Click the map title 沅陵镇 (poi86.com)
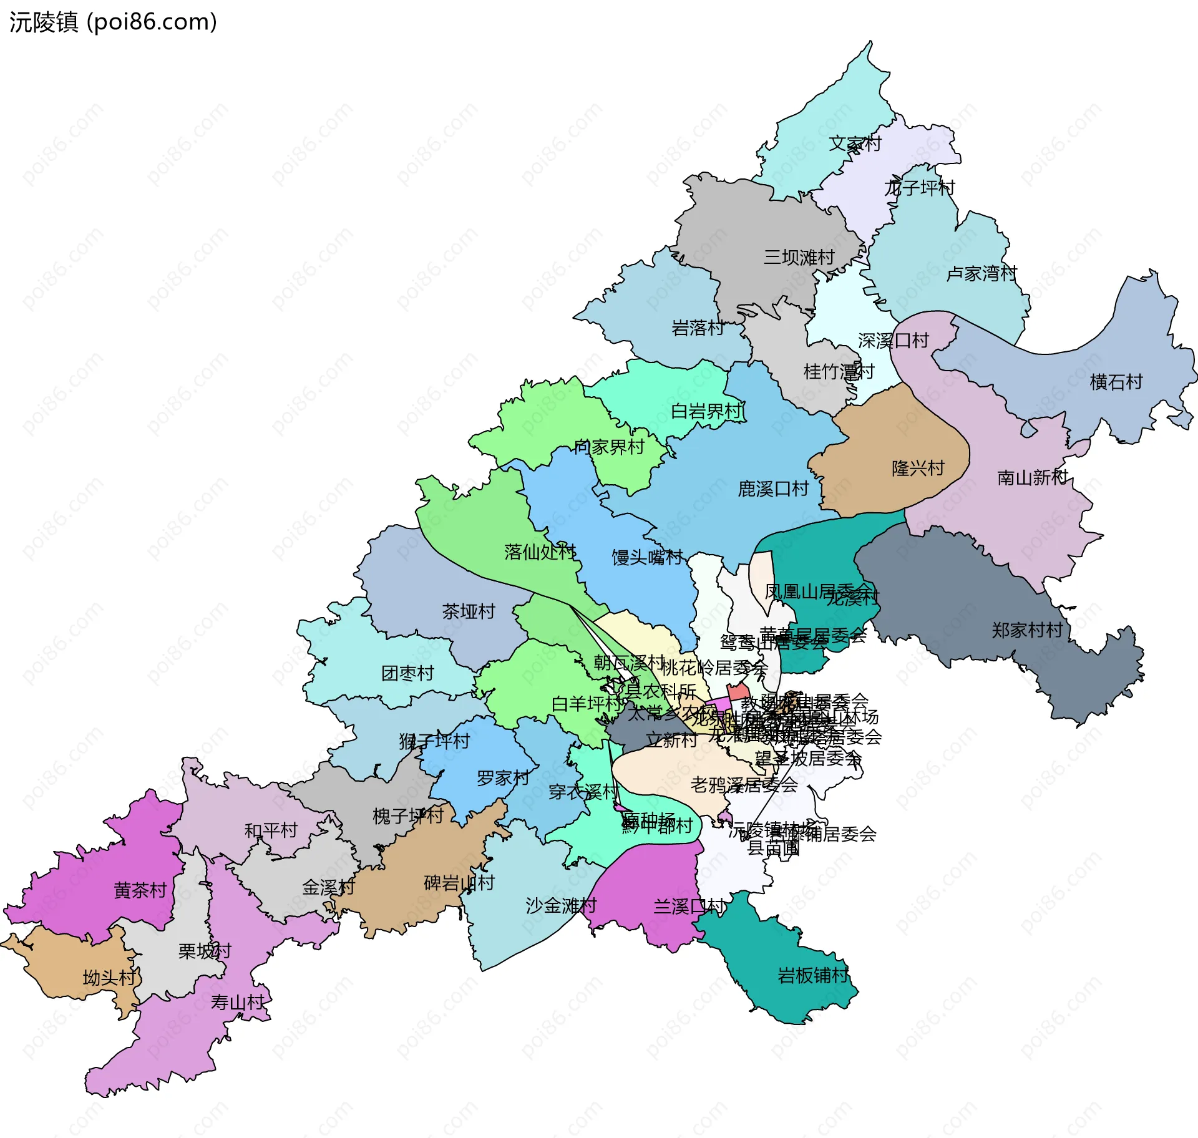click(113, 22)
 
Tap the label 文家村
click(855, 144)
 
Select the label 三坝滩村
click(799, 257)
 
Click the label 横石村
click(1116, 382)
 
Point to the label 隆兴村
click(918, 468)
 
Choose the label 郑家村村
click(1027, 630)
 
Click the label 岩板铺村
click(812, 975)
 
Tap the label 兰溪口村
click(689, 907)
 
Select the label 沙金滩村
click(561, 905)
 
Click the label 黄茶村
click(140, 890)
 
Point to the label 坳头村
click(109, 978)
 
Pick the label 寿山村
click(237, 1003)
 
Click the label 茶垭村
click(468, 611)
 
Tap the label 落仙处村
click(540, 552)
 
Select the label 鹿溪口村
click(773, 489)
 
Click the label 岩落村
click(698, 328)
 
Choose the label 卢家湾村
click(981, 273)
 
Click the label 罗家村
click(502, 778)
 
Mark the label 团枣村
click(407, 673)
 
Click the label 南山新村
click(1033, 478)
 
